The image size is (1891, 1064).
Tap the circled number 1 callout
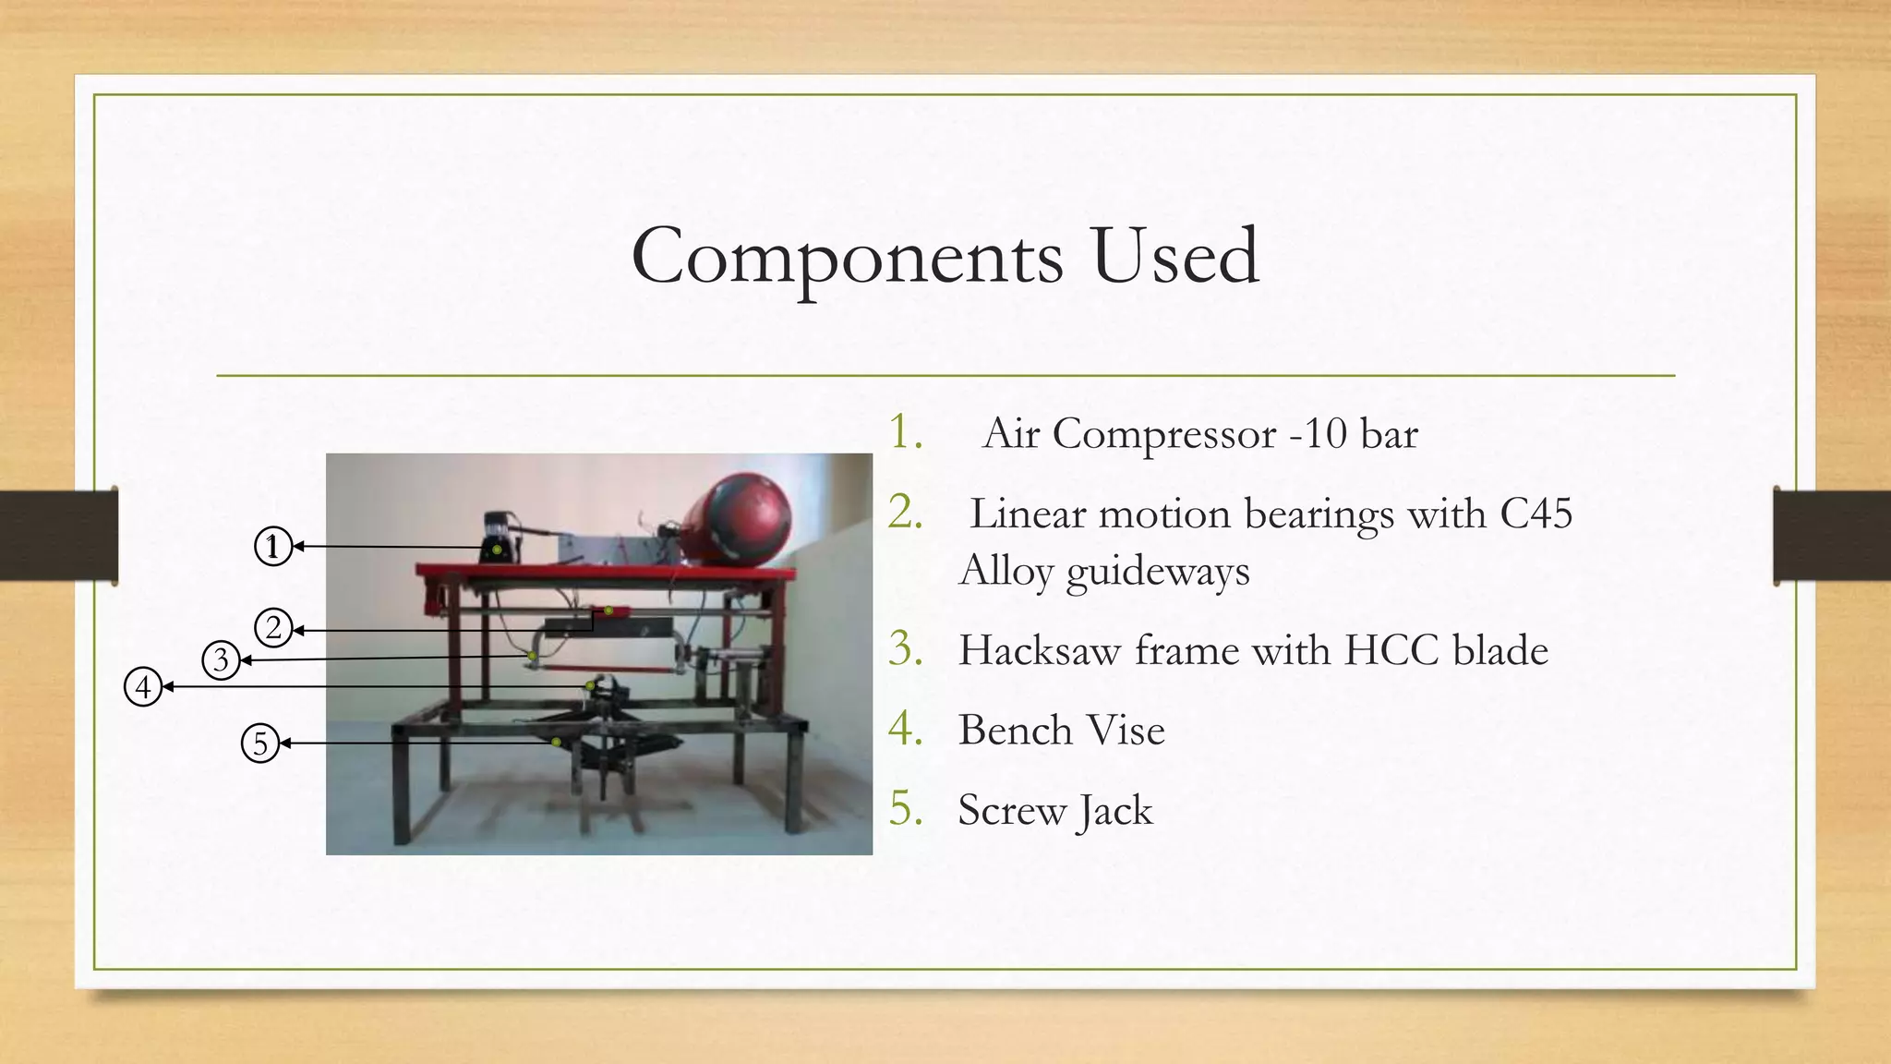272,547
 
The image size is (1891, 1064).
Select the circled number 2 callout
273,629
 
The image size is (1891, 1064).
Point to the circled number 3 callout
221,660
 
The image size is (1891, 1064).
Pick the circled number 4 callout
143,687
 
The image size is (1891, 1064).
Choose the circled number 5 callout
260,744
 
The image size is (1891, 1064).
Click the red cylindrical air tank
737,518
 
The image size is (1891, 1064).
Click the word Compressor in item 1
1164,434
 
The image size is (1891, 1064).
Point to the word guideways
1158,571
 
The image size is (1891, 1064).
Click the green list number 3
906,648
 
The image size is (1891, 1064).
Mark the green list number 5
906,809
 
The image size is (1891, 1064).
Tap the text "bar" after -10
1389,434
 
